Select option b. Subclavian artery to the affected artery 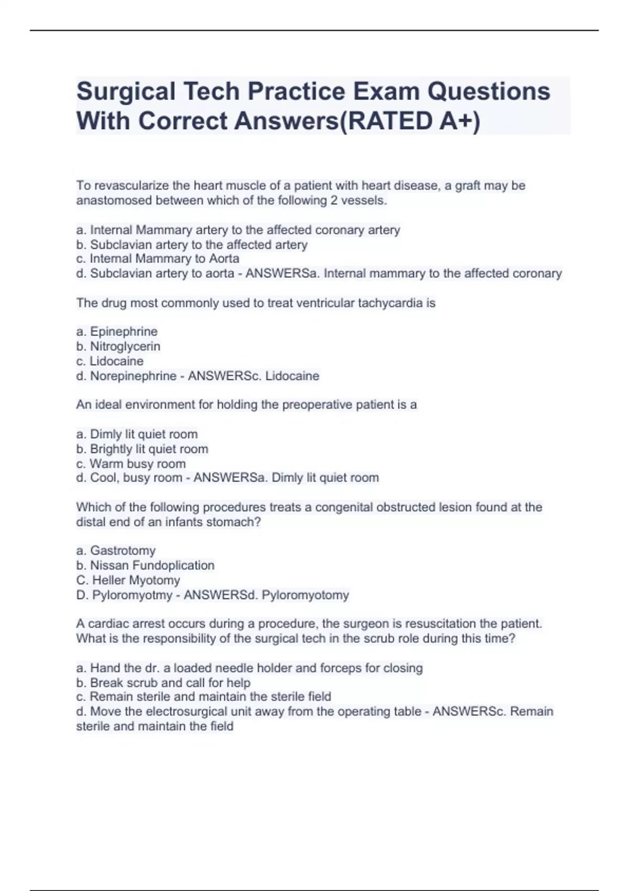tap(192, 245)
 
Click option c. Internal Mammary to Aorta tap(158, 259)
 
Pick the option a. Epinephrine tap(117, 332)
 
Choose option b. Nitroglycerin tap(118, 346)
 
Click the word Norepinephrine tap(133, 376)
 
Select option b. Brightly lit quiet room tap(142, 449)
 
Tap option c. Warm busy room tap(131, 464)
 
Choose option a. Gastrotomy tap(116, 551)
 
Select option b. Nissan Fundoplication tap(145, 566)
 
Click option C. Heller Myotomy tap(128, 580)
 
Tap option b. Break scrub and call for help tap(164, 683)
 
